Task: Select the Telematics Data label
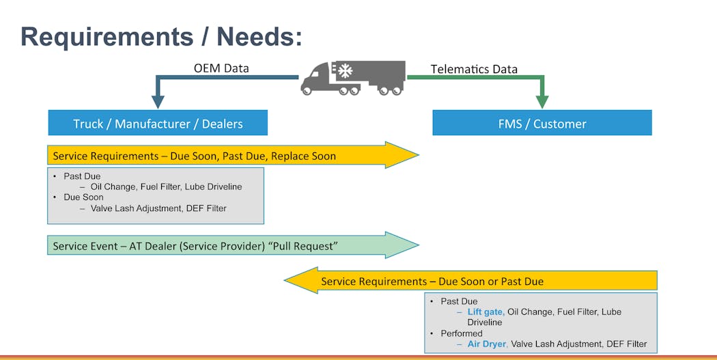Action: pyautogui.click(x=474, y=69)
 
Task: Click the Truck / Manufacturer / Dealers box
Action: pyautogui.click(x=158, y=124)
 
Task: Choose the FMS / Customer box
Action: pyautogui.click(x=542, y=124)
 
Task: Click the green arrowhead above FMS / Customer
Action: pyautogui.click(x=542, y=101)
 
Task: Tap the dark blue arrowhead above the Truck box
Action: pyautogui.click(x=158, y=102)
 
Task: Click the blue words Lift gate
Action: pyautogui.click(x=486, y=311)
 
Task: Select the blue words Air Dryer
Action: pyautogui.click(x=487, y=344)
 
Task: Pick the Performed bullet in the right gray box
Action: pyautogui.click(x=462, y=333)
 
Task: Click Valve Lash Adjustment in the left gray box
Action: pyautogui.click(x=132, y=208)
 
